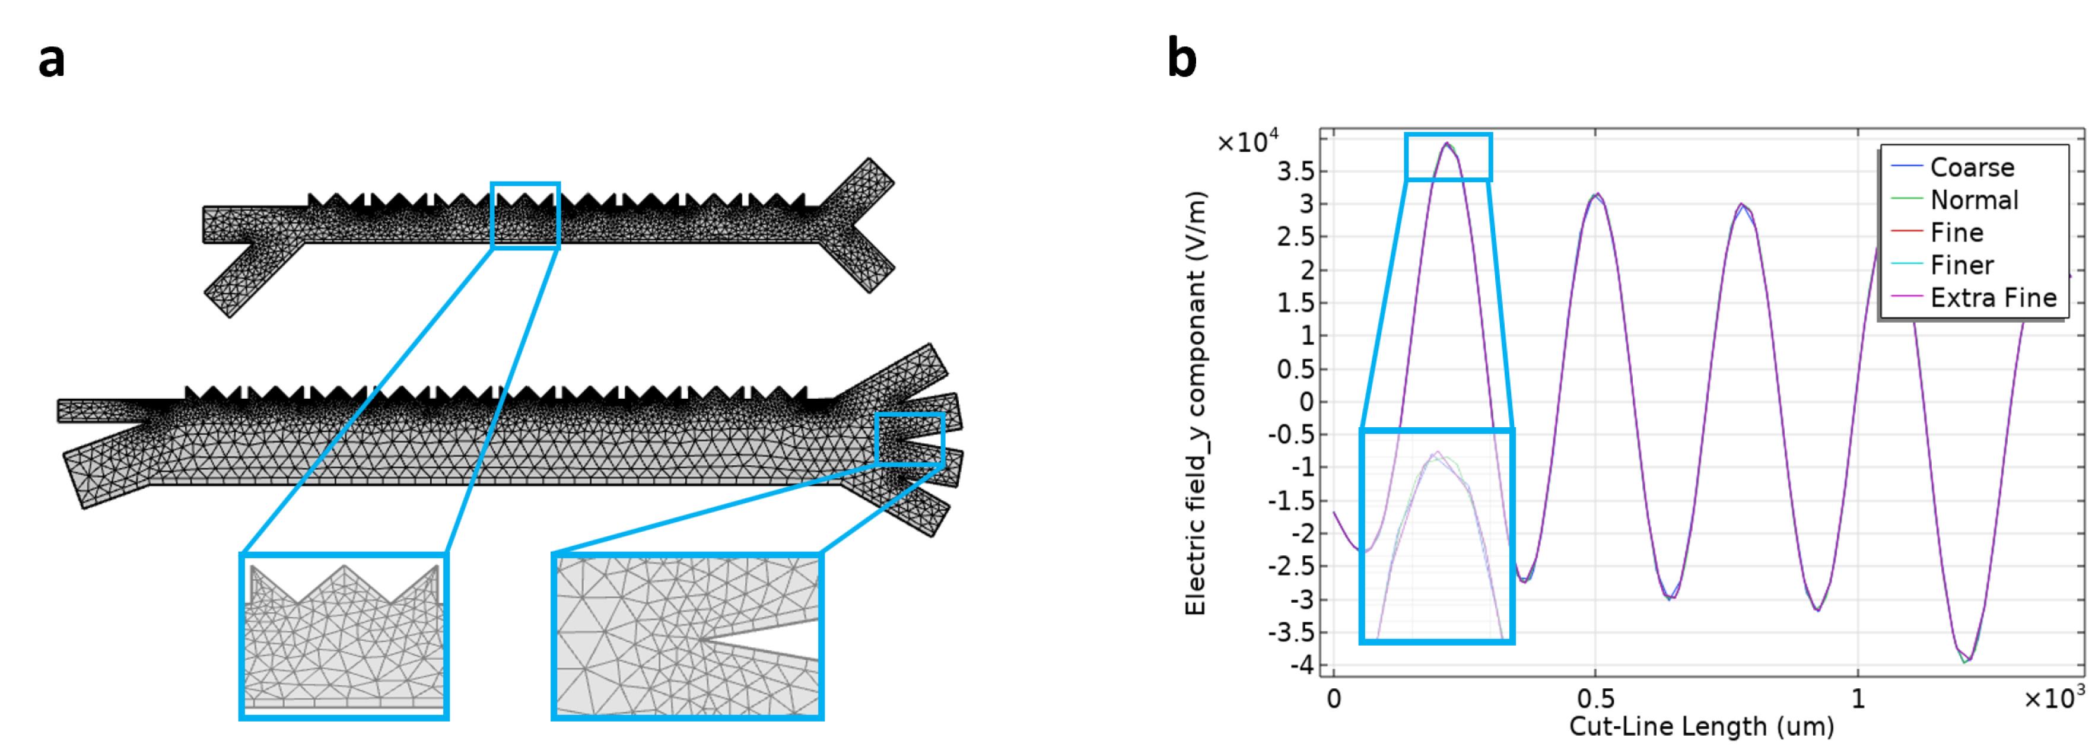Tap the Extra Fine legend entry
pos(1973,297)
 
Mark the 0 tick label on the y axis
pos(1306,401)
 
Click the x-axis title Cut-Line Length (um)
pos(1702,725)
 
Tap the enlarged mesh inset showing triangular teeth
pos(344,637)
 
